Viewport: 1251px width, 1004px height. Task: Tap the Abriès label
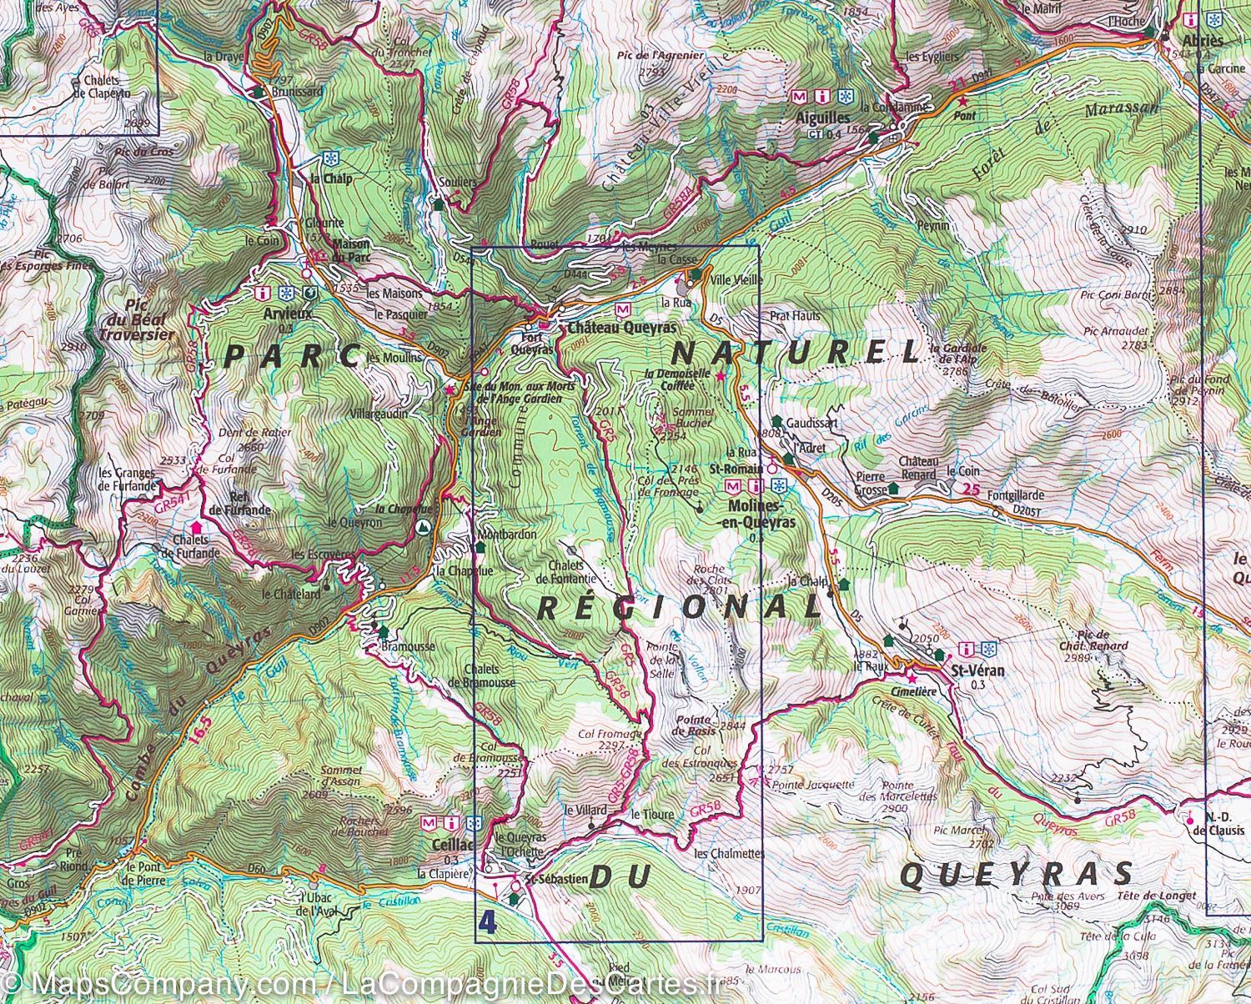click(x=1202, y=41)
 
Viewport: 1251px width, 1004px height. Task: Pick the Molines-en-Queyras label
click(x=756, y=514)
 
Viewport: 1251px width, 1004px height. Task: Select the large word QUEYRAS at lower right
click(x=1017, y=875)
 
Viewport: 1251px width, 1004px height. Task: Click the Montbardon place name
click(x=507, y=535)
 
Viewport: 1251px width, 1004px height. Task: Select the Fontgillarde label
click(x=1015, y=494)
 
